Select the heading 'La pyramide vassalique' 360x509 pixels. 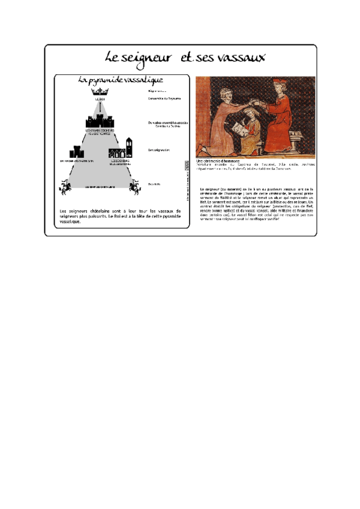(x=122, y=80)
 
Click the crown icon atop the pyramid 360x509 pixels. (x=100, y=92)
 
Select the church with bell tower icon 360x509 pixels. (x=128, y=147)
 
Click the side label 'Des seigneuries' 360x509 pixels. (x=158, y=150)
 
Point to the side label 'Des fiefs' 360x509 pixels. (x=154, y=184)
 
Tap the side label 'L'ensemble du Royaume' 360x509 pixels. (x=164, y=98)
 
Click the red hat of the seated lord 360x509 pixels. (x=278, y=82)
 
